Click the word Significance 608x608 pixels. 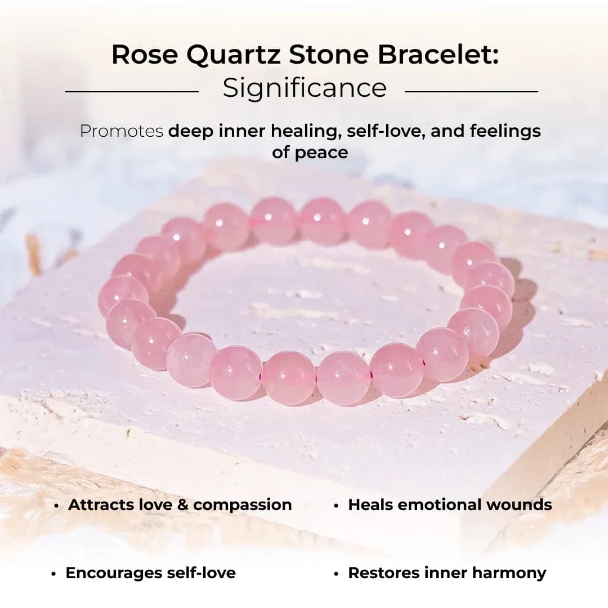click(x=305, y=88)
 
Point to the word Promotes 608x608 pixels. click(x=121, y=131)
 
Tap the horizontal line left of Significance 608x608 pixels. click(x=132, y=91)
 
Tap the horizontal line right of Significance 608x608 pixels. click(x=471, y=91)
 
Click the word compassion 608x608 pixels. click(x=243, y=505)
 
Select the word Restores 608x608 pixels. click(x=382, y=573)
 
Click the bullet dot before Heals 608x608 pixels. click(x=336, y=506)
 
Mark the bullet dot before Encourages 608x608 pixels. click(x=53, y=574)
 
